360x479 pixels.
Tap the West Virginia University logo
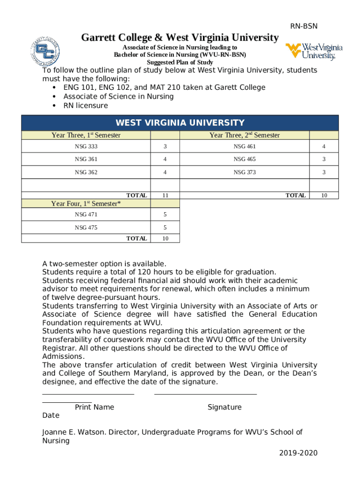[x=314, y=51]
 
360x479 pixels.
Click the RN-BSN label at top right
[x=304, y=27]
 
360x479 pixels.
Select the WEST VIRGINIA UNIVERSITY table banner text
[x=180, y=123]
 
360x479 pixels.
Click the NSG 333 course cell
[x=86, y=147]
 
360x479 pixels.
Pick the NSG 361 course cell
[x=86, y=160]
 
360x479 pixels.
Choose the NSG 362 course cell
[x=86, y=172]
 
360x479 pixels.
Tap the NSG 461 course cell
[x=245, y=147]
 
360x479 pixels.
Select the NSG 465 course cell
[x=245, y=160]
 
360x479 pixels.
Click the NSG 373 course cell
[x=245, y=172]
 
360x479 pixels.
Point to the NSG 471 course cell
[x=86, y=215]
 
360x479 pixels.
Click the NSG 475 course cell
[x=86, y=228]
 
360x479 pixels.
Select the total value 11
[x=165, y=196]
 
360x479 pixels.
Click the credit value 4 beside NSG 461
[x=323, y=147]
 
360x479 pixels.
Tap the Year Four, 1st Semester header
[x=86, y=203]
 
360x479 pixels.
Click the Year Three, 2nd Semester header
[x=245, y=135]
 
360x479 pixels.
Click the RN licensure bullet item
[x=86, y=105]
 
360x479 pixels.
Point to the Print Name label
[x=94, y=407]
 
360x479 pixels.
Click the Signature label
[x=224, y=407]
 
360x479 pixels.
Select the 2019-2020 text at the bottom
[x=298, y=453]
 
